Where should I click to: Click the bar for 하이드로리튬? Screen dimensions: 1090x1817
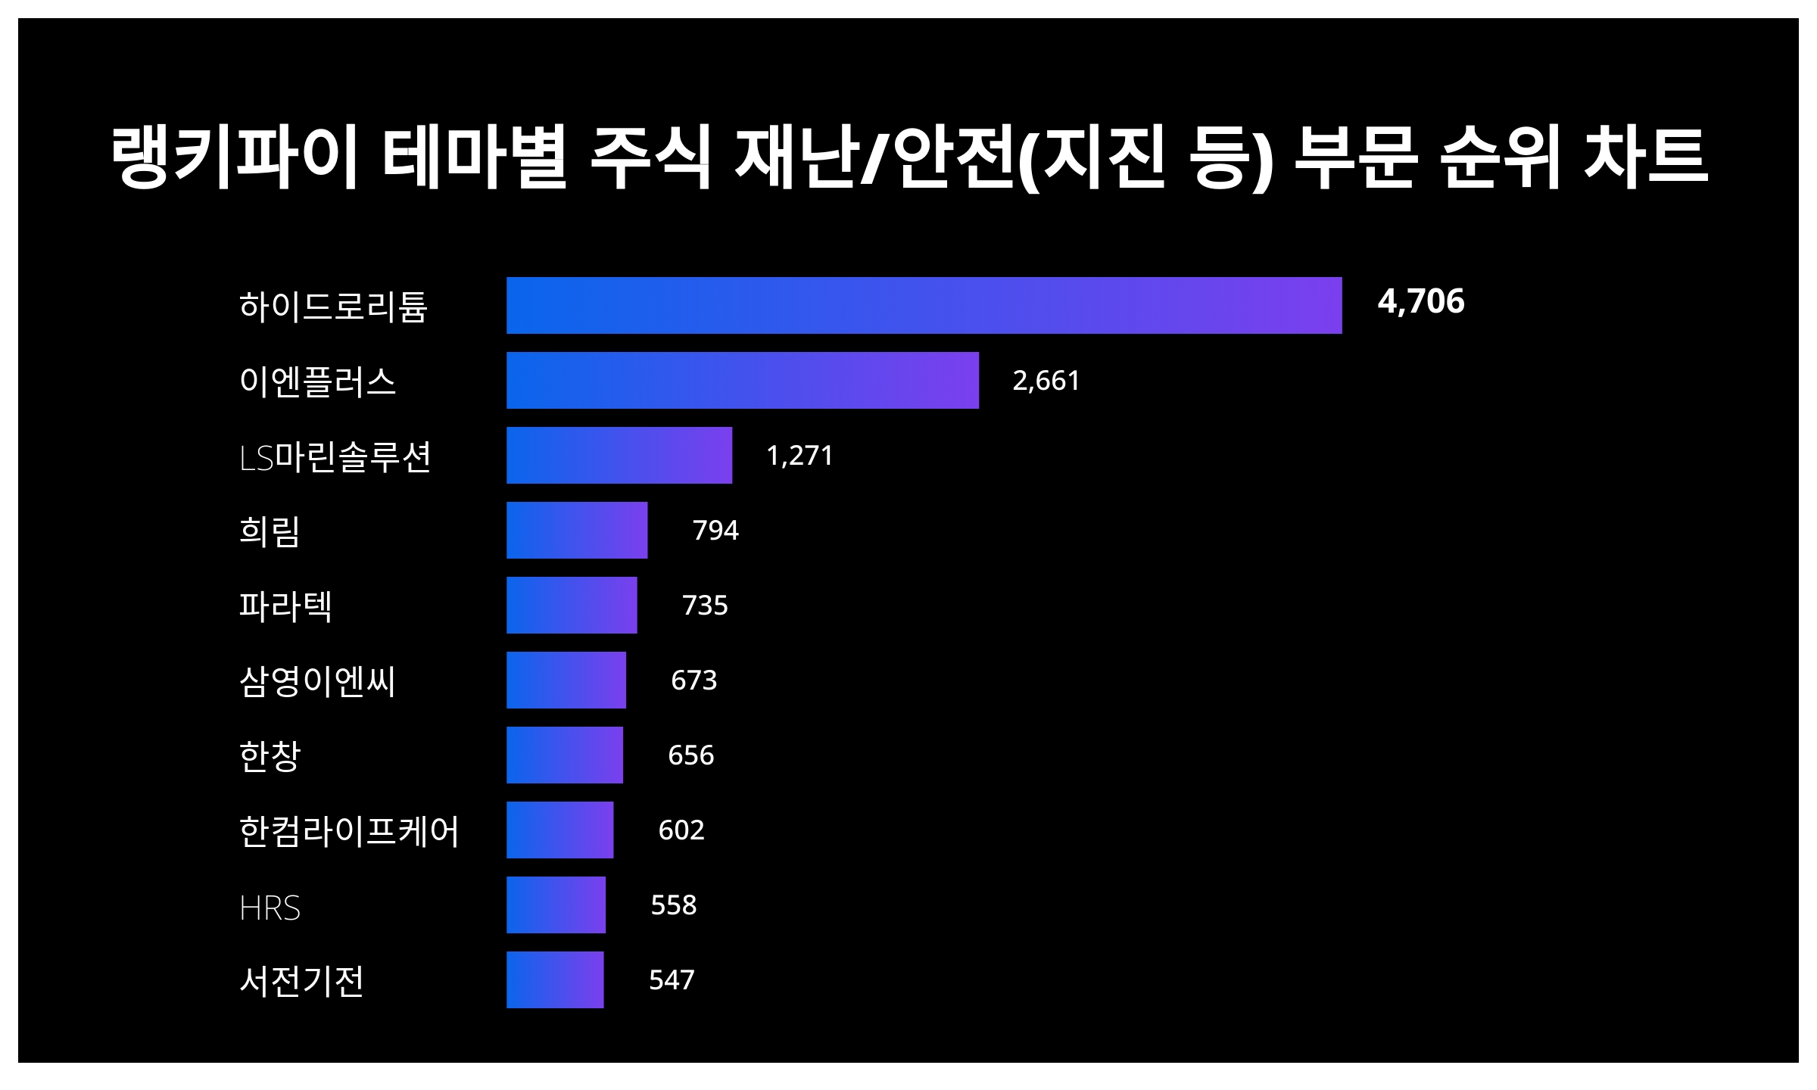tap(924, 305)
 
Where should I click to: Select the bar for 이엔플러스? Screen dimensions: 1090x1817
tap(742, 380)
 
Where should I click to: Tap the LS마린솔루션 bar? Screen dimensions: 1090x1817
tap(619, 455)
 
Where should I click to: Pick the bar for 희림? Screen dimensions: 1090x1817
tap(577, 530)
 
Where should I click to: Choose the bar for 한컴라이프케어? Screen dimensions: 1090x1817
tap(559, 830)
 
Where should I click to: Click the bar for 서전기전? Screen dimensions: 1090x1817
tap(555, 979)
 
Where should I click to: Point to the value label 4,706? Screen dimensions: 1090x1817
tap(1420, 301)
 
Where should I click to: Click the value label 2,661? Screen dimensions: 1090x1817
tap(1046, 380)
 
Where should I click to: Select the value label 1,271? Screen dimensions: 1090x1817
tap(799, 455)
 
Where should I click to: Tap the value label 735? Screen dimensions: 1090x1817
tap(704, 605)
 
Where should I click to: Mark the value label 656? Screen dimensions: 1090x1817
tap(690, 755)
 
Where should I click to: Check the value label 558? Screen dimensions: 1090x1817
tap(673, 905)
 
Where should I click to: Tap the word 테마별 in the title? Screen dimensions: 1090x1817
tap(474, 157)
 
